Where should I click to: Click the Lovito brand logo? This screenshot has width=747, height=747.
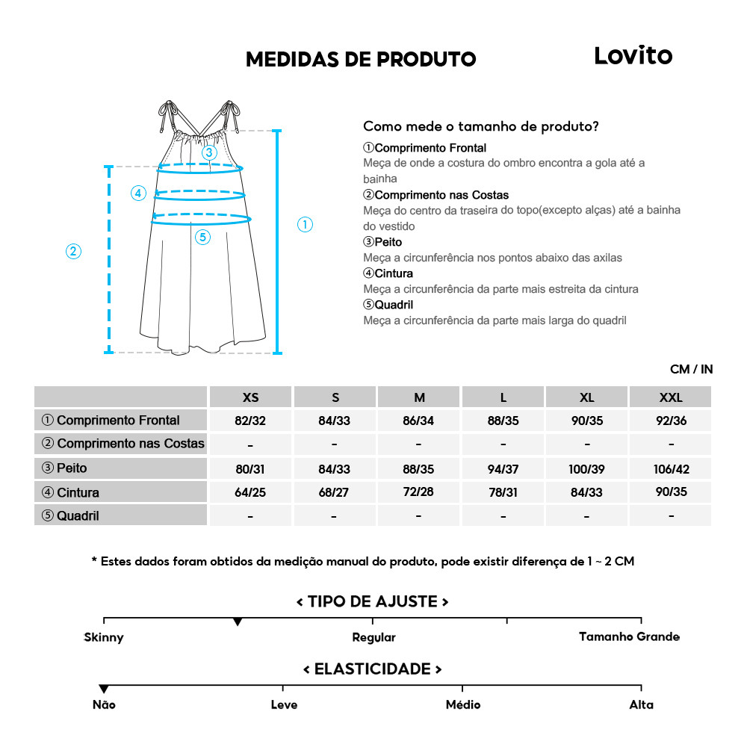tap(633, 56)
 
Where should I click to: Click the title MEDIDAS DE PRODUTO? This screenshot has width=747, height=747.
tap(361, 60)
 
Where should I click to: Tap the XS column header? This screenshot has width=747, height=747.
tap(250, 397)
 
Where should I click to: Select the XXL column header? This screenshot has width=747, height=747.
tap(671, 397)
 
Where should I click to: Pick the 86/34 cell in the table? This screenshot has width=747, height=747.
tap(418, 421)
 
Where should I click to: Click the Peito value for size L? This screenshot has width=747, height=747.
tap(503, 469)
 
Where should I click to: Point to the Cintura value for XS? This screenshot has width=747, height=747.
tap(250, 492)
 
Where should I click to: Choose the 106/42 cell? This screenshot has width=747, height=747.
tap(671, 469)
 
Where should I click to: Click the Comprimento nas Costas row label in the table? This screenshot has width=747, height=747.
tap(123, 444)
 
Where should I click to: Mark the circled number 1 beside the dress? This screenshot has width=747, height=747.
tap(305, 224)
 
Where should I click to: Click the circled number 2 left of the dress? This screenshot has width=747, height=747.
tap(73, 251)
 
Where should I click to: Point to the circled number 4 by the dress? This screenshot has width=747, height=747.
tap(138, 193)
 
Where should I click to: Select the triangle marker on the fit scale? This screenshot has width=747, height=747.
tap(238, 622)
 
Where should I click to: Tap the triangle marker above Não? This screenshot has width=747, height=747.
tap(104, 689)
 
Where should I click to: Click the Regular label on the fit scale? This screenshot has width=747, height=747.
tap(373, 637)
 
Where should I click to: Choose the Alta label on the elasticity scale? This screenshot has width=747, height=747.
tap(641, 704)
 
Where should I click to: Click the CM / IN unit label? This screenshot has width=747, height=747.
tap(691, 369)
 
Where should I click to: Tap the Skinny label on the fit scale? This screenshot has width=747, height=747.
tap(104, 637)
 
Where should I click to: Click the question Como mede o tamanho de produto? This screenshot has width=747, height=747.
tap(480, 126)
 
